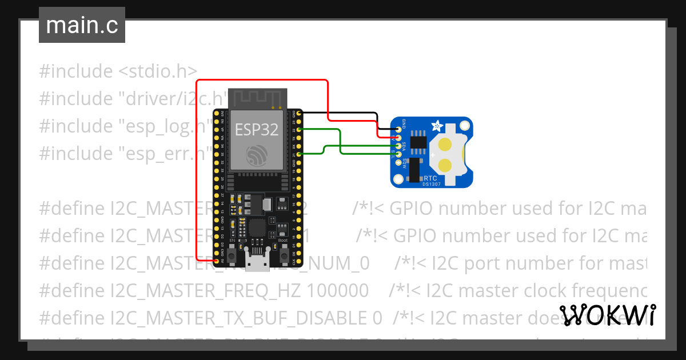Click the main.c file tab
click(82, 26)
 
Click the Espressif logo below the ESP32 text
click(257, 155)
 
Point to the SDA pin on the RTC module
click(398, 146)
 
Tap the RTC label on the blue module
click(430, 178)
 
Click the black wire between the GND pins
click(343, 113)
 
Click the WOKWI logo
click(607, 315)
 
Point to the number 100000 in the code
click(337, 291)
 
